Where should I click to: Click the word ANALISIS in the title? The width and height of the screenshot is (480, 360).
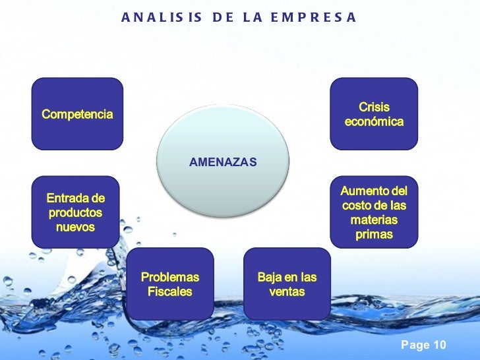162,16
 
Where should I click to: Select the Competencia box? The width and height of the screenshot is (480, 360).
78,114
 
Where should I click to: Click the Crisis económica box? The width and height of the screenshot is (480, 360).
374,114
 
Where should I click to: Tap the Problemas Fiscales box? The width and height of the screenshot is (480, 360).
170,284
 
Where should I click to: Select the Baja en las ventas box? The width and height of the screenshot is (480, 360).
287,284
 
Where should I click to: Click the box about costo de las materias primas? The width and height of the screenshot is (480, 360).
374,212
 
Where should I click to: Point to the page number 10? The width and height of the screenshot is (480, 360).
439,345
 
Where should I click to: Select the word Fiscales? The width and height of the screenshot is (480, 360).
170,291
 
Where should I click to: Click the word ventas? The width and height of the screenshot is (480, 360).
287,291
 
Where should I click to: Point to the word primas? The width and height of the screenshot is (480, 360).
374,235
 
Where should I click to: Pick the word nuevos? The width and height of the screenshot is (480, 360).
76,227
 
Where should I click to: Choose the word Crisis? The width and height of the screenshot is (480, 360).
374,107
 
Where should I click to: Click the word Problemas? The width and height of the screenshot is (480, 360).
170,277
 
